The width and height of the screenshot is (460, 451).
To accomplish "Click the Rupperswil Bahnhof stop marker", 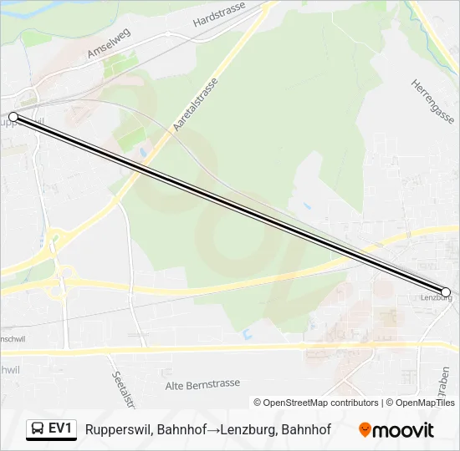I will click(13, 117).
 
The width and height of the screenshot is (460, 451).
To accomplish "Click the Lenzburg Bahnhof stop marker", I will click(446, 292).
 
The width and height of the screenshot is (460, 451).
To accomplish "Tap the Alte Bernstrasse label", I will click(202, 383).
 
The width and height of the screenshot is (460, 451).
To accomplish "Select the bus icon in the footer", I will click(38, 429).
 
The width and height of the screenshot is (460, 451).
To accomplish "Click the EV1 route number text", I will click(60, 429).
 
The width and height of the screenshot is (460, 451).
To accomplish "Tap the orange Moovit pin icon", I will click(365, 430).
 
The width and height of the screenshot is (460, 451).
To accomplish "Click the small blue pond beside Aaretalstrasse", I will click(143, 154).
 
